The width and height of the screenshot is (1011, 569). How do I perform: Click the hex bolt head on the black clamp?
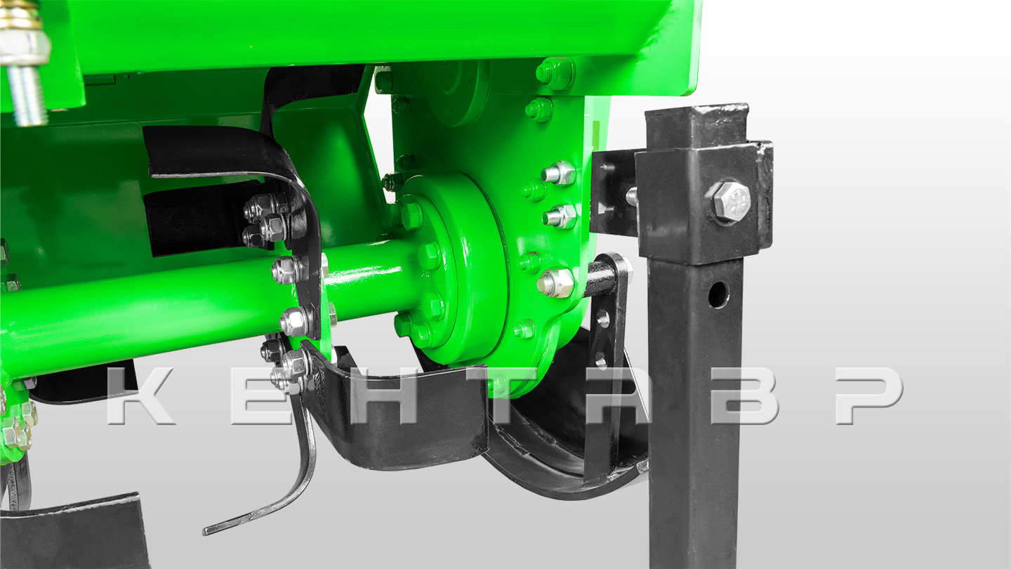[x=727, y=201]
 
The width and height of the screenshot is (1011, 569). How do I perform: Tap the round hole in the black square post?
[x=718, y=294]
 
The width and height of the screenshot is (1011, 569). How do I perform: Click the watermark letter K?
[x=140, y=395]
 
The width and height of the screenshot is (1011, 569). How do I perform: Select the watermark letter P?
[x=869, y=395]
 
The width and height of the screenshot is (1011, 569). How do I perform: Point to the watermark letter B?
[x=746, y=395]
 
